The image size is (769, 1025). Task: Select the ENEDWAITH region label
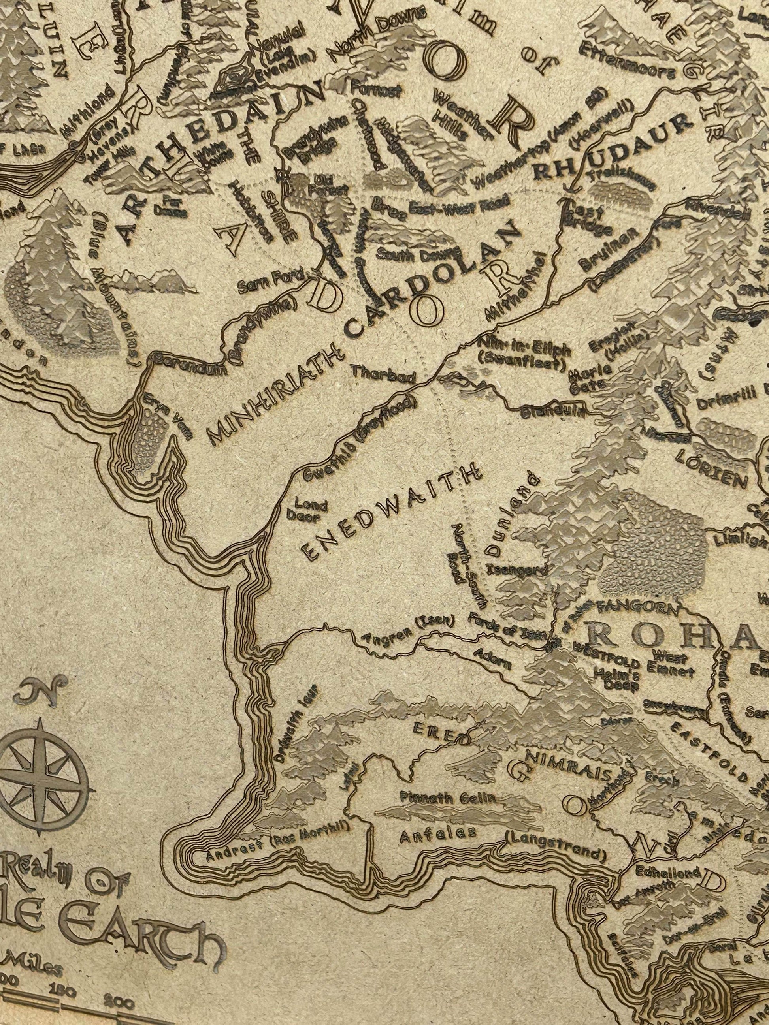(392, 512)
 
